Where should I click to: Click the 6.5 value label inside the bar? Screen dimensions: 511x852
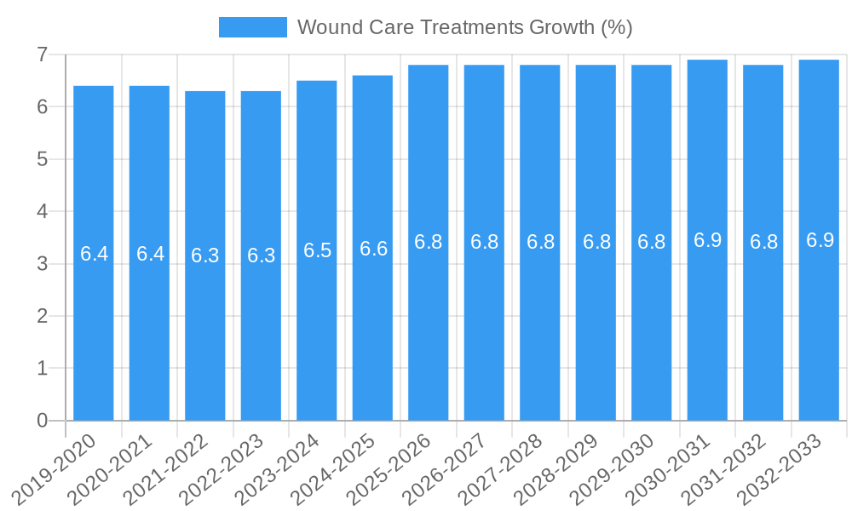(x=317, y=250)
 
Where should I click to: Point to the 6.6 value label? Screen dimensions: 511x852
(x=373, y=249)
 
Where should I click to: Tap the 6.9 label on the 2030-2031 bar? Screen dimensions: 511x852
(x=707, y=240)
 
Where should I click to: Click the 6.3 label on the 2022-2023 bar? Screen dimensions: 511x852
(x=261, y=255)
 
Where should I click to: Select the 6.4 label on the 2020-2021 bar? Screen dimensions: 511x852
(x=150, y=254)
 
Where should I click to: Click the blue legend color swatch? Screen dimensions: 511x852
(x=253, y=27)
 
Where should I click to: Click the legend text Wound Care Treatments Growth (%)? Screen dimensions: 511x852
(x=464, y=27)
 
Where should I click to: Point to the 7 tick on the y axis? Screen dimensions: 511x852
(x=42, y=55)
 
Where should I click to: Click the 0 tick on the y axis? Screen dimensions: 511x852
(x=42, y=421)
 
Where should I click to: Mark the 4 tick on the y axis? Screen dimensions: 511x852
(x=42, y=211)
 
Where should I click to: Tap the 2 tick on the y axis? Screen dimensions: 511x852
(x=42, y=316)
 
